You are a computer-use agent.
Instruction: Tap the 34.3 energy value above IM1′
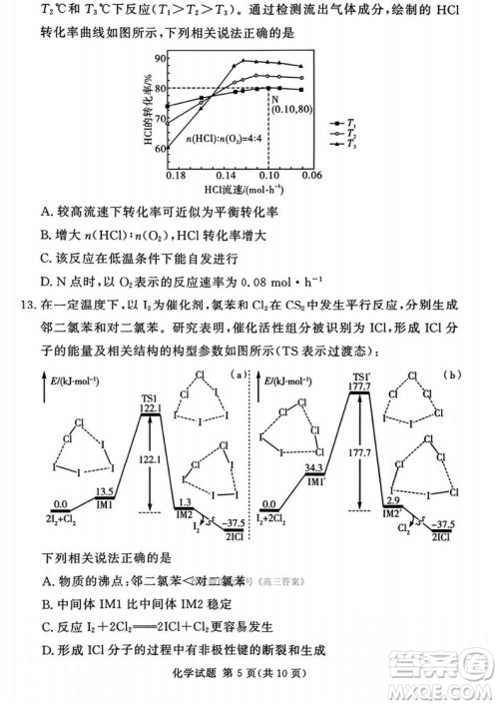pos(315,467)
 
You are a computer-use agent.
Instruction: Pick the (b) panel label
pos(455,375)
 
